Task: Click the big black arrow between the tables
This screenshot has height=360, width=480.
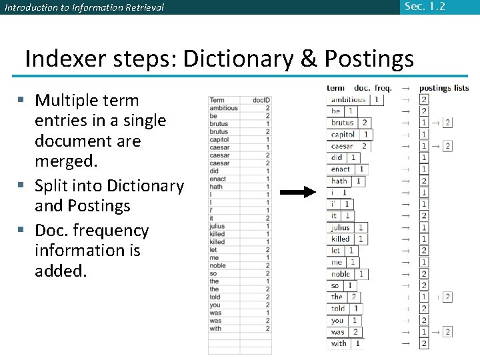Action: pyautogui.click(x=297, y=193)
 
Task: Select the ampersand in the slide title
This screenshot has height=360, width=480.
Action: pyautogui.click(x=308, y=59)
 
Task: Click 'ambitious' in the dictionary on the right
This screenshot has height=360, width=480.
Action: pyautogui.click(x=349, y=99)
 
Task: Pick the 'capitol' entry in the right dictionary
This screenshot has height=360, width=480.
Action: pyautogui.click(x=343, y=135)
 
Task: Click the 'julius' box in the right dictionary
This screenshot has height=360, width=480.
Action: pyautogui.click(x=341, y=227)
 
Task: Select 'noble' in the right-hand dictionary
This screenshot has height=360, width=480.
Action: pyautogui.click(x=341, y=274)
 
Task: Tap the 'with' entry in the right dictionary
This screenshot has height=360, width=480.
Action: pyautogui.click(x=339, y=343)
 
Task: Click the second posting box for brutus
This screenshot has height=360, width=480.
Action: pyautogui.click(x=447, y=123)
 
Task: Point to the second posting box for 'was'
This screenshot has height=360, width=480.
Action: pyautogui.click(x=447, y=332)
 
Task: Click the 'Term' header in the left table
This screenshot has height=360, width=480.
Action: pyautogui.click(x=217, y=100)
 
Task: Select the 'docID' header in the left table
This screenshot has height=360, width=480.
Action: pyautogui.click(x=261, y=100)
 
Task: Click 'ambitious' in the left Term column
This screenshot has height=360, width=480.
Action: pyautogui.click(x=223, y=108)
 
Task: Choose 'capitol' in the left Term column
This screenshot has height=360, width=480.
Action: pyautogui.click(x=219, y=139)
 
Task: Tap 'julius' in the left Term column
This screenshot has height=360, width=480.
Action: pyautogui.click(x=217, y=227)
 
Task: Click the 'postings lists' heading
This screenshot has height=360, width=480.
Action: pyautogui.click(x=444, y=88)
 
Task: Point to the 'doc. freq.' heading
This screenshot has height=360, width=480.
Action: pyautogui.click(x=373, y=88)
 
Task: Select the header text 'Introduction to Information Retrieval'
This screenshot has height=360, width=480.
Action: pyautogui.click(x=84, y=8)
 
